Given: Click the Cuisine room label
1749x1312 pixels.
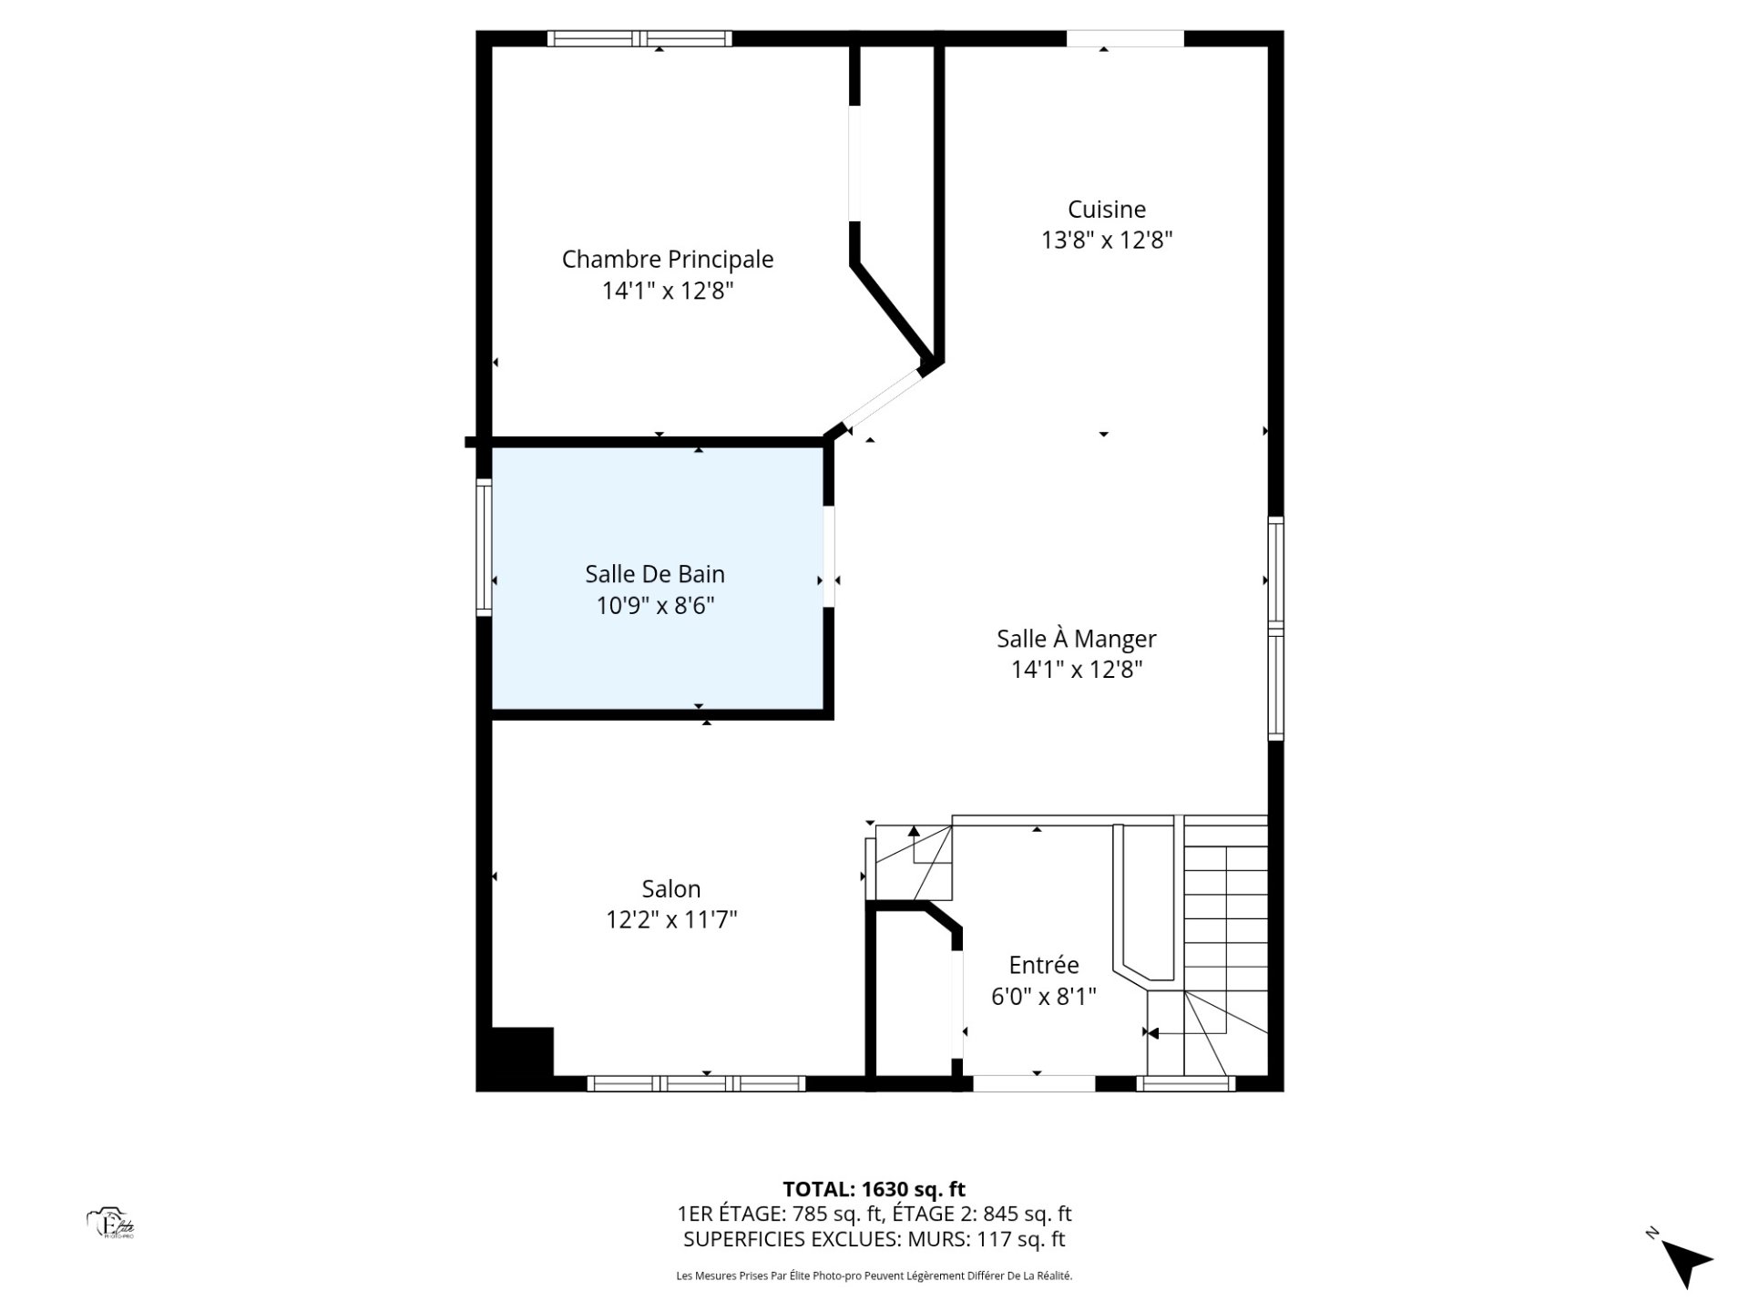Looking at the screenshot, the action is click(x=1106, y=210).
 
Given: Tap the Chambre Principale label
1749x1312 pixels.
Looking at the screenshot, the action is click(x=668, y=260).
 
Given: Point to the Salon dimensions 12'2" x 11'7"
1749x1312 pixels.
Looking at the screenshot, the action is click(x=671, y=920).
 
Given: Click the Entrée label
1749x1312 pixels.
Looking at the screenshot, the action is click(x=1044, y=965).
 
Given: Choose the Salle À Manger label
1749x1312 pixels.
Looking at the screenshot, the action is click(x=1077, y=639).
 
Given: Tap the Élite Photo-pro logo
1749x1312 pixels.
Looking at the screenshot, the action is click(x=111, y=1224).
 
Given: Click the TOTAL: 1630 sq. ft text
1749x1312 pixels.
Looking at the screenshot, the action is click(x=874, y=1189).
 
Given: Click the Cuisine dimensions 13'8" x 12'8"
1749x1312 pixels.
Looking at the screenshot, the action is click(x=1107, y=241).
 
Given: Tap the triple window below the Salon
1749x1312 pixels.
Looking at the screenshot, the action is click(x=696, y=1083).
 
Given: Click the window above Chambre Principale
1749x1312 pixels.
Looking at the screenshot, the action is click(x=639, y=38).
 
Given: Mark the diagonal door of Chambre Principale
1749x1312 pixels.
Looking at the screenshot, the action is click(x=883, y=401).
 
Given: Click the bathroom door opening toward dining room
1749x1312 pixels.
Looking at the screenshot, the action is click(x=829, y=556).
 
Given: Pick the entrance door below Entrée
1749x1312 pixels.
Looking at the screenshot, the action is click(x=1034, y=1083).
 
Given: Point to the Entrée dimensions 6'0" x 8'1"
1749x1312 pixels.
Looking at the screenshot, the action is click(x=1044, y=996).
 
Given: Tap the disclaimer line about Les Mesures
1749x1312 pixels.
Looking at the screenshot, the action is click(x=874, y=1276).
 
